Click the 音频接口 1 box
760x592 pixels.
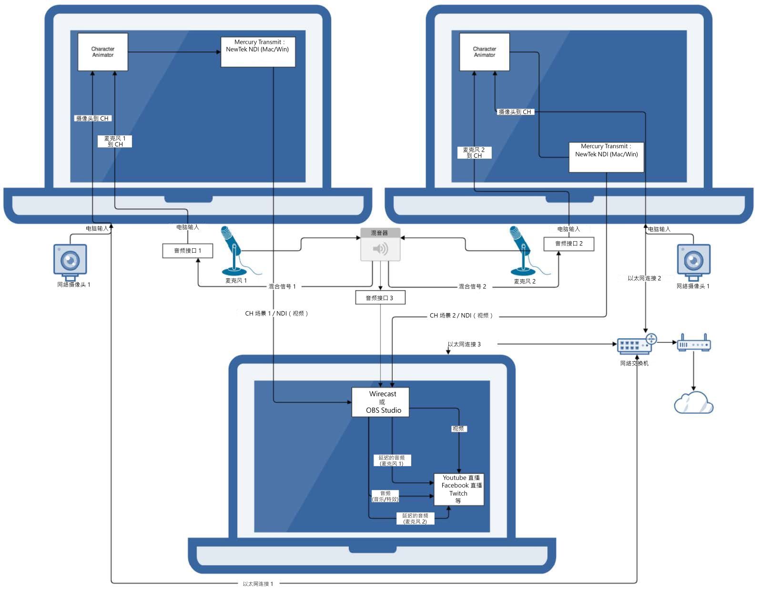pos(187,251)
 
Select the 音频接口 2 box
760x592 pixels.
pos(568,244)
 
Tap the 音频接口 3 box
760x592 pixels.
pos(380,298)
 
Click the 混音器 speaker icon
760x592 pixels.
pos(380,249)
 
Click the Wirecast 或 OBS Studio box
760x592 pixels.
pos(380,402)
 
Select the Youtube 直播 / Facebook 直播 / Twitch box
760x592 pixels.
pos(459,489)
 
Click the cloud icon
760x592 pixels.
pos(693,403)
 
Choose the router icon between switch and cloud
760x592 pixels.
pos(693,344)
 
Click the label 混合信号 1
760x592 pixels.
pos(282,286)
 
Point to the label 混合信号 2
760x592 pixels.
pos(472,286)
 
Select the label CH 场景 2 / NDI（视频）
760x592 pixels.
pos(461,316)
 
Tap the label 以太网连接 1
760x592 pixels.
pos(258,584)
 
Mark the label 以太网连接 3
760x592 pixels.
pos(464,344)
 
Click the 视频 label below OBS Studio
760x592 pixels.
pos(458,429)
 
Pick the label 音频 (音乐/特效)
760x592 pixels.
pos(385,496)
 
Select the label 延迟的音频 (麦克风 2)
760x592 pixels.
pos(415,519)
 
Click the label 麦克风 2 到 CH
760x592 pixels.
pos(474,153)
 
